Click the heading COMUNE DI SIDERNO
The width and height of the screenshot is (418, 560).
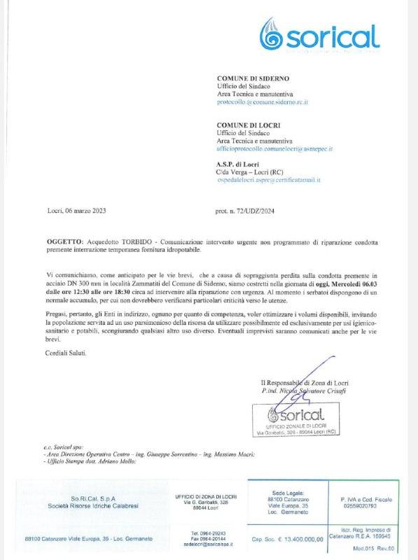(x=253, y=78)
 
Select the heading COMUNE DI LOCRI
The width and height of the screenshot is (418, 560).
(x=249, y=125)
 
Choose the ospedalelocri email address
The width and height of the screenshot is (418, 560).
(x=269, y=180)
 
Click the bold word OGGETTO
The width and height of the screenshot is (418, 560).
(x=64, y=241)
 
